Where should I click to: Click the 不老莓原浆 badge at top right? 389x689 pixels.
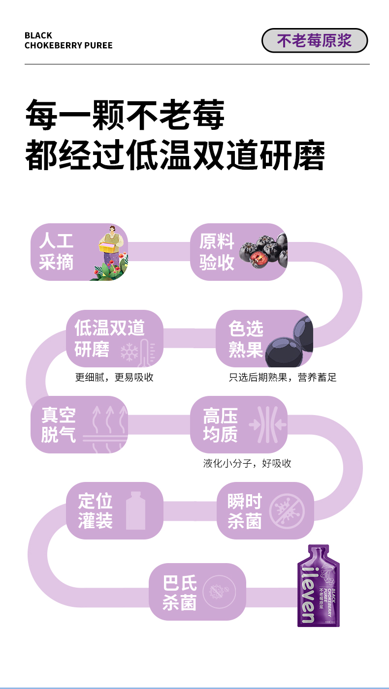(314, 41)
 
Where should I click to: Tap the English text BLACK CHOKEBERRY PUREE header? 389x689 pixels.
(68, 40)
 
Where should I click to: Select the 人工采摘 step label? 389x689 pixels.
(56, 251)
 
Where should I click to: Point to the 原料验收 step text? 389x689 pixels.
(216, 252)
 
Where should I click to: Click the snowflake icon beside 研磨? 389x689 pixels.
(129, 352)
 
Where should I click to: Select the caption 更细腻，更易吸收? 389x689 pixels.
(114, 378)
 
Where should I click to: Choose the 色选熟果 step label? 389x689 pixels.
(246, 339)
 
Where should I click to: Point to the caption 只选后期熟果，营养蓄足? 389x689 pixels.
(283, 378)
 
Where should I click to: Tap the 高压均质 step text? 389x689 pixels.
(220, 425)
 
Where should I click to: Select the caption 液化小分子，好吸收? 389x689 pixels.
(247, 463)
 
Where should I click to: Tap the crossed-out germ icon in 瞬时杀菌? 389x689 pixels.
(287, 511)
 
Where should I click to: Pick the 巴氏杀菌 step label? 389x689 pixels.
(180, 593)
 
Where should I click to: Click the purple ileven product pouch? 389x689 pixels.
(318, 586)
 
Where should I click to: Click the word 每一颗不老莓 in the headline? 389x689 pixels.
(125, 115)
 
